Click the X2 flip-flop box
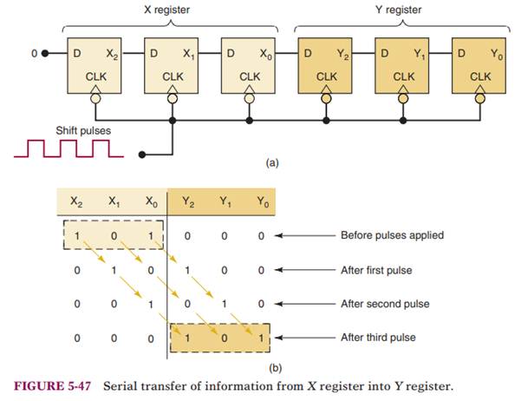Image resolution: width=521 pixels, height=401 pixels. [94, 66]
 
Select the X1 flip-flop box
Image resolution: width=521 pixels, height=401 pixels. [172, 66]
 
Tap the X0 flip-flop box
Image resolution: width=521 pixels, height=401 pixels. [250, 66]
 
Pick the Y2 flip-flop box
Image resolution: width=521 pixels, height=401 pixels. [325, 66]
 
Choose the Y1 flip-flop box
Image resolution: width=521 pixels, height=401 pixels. [403, 66]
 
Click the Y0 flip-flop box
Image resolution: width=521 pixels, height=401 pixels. [479, 66]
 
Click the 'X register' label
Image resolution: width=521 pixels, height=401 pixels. [167, 10]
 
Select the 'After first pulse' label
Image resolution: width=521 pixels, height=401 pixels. [376, 269]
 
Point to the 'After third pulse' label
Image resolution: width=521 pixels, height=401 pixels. [377, 337]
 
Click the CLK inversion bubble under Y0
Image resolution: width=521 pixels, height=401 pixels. [479, 100]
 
